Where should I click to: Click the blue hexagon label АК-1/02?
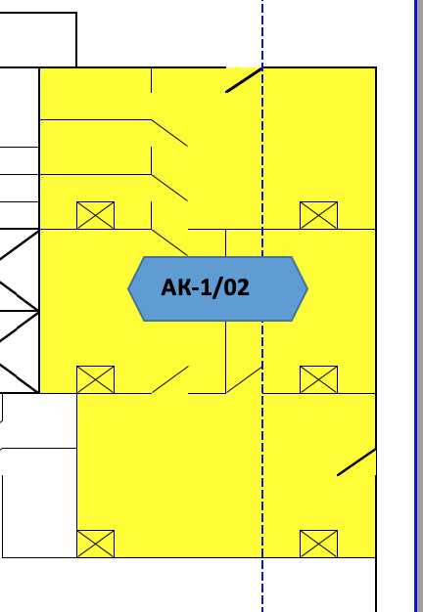coord(217,288)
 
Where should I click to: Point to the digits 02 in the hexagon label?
coord(235,287)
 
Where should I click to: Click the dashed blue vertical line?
coord(262,306)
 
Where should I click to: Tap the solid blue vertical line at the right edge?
coord(416,306)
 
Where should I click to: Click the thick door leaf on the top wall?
coord(244,80)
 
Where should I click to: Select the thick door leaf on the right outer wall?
coord(356,462)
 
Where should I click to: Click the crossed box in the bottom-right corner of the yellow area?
coord(318,544)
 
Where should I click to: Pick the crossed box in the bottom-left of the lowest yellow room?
coord(95,544)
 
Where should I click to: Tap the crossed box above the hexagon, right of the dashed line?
coord(318,215)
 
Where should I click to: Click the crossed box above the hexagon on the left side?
coord(95,215)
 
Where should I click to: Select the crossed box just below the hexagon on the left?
coord(95,379)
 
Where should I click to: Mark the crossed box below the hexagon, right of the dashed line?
coord(318,379)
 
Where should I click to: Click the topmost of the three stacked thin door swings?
coord(169,133)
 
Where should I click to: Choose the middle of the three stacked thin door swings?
coord(169,188)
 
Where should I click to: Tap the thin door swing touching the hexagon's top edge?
coord(169,242)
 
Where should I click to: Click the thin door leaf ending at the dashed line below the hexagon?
coord(244,379)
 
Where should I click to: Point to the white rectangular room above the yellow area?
coord(38,40)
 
